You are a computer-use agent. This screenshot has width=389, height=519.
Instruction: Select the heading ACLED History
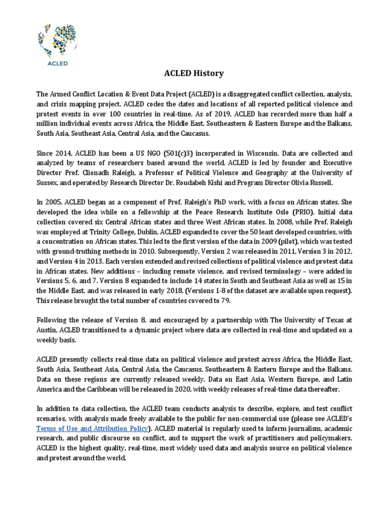(194, 73)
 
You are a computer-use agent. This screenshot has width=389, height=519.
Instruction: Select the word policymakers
(327, 438)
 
